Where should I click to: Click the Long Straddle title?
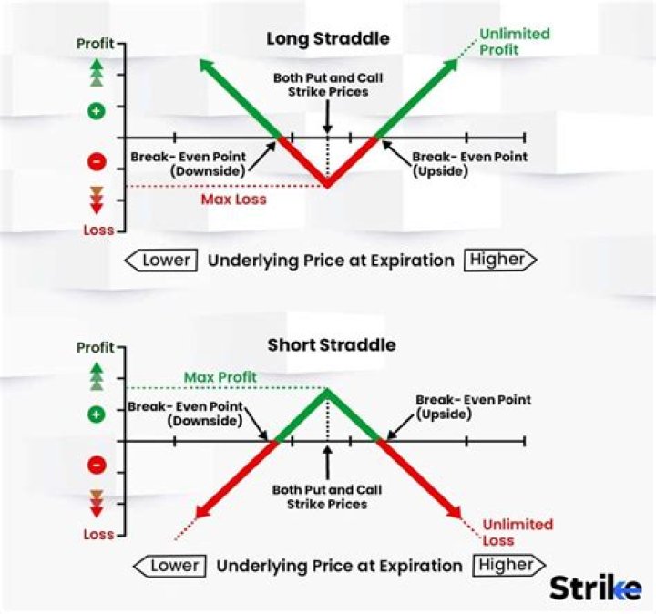coord(327,39)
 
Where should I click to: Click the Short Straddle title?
coord(332,345)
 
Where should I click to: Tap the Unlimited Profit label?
coord(515,42)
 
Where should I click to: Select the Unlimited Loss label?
coord(518,532)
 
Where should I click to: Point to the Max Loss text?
coord(234,199)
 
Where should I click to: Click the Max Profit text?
coord(220,377)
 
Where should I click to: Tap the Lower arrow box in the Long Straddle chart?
coord(163,260)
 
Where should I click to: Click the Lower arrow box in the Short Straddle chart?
coord(170,566)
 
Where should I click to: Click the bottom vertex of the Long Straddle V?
coord(328,187)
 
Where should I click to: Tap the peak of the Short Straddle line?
coord(328,389)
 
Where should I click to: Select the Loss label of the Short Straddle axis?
coord(97,535)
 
